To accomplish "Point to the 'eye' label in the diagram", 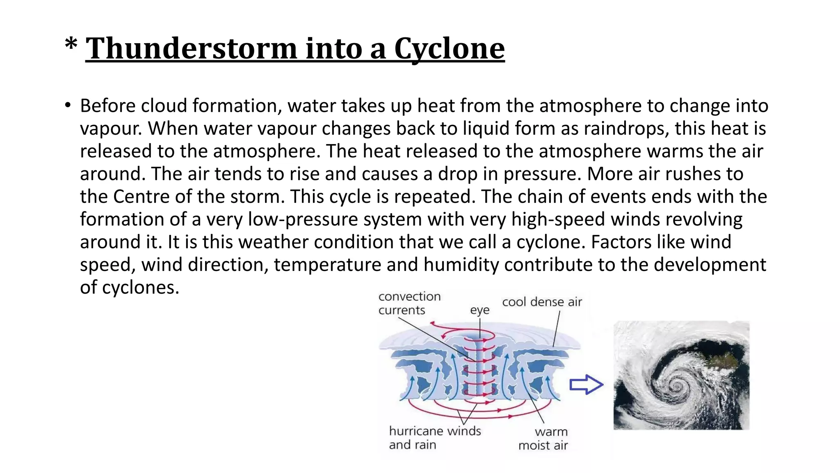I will (479, 310).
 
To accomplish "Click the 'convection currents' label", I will (409, 303).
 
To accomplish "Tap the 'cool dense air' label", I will (542, 302).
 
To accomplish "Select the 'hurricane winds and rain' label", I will (434, 438).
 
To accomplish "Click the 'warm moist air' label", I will (543, 439).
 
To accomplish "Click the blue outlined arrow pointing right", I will (586, 385).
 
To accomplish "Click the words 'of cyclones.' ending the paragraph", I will (130, 287).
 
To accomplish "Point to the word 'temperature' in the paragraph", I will (328, 264).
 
